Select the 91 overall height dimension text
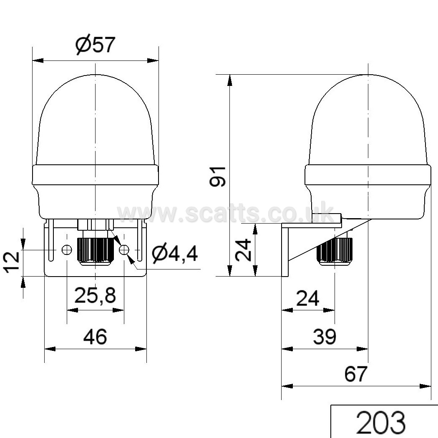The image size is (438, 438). tap(218, 176)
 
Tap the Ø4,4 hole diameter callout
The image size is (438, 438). tap(175, 254)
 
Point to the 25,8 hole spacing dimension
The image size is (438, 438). tap(95, 295)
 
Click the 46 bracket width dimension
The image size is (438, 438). tap(95, 337)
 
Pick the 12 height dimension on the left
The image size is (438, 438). tap(11, 262)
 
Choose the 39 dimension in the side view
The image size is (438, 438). tap(325, 337)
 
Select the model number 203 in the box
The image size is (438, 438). tap(381, 422)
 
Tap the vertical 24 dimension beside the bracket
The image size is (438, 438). tap(243, 249)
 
